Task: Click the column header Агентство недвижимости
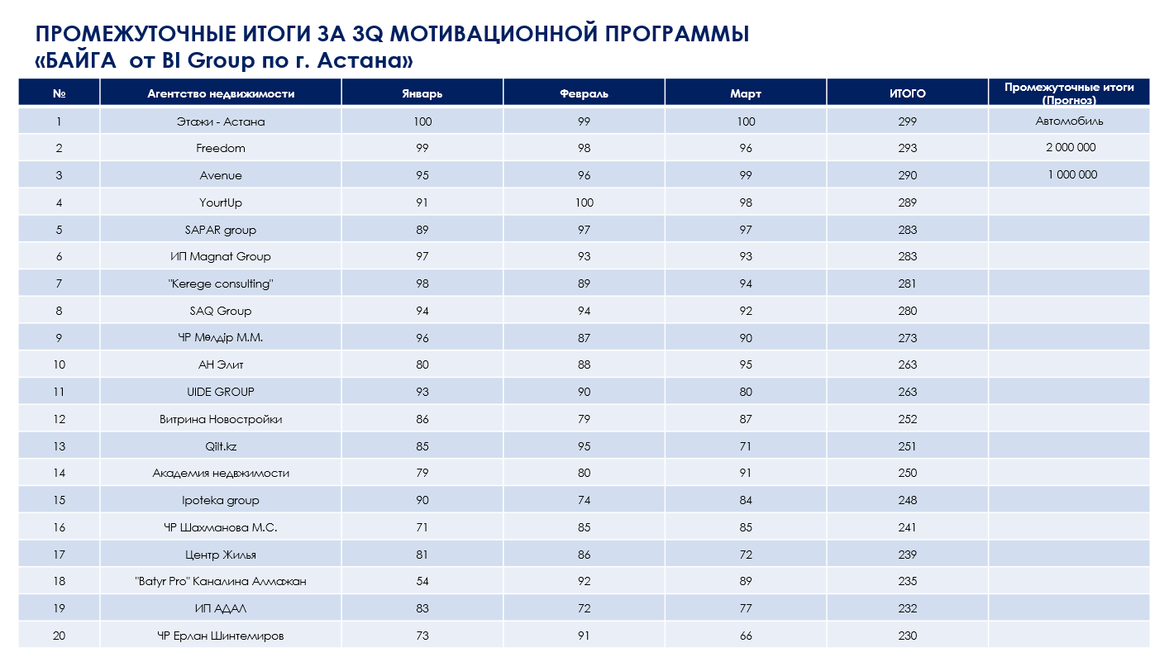click(x=221, y=93)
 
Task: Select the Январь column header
click(x=422, y=93)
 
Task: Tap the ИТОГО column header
click(x=907, y=93)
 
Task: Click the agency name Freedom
click(x=221, y=149)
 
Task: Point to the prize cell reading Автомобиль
click(x=1069, y=121)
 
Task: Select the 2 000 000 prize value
click(x=1069, y=148)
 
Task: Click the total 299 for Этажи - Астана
click(x=907, y=121)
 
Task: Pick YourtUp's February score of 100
click(x=584, y=202)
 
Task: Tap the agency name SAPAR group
click(x=221, y=230)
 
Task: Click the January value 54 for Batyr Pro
click(x=422, y=582)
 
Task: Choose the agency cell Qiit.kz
click(x=221, y=446)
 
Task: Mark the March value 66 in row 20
click(x=746, y=636)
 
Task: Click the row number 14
click(x=59, y=474)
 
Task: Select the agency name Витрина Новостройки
click(x=221, y=419)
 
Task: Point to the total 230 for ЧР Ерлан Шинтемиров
click(x=907, y=636)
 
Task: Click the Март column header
click(x=746, y=93)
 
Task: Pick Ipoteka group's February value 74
click(x=584, y=501)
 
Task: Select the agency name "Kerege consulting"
click(x=221, y=283)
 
